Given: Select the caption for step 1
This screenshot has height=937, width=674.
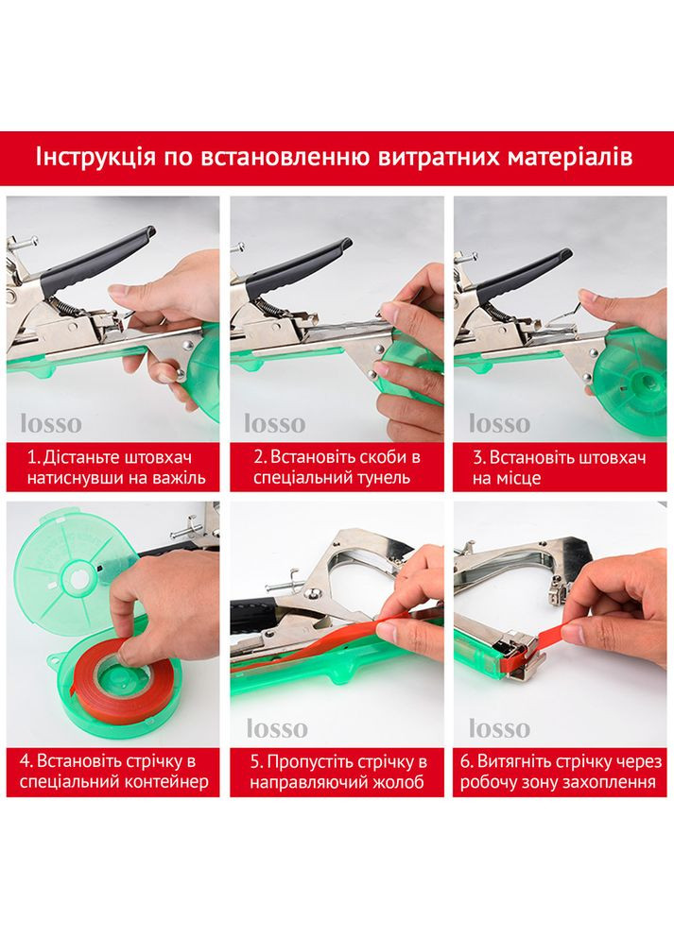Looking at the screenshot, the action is coord(116,468).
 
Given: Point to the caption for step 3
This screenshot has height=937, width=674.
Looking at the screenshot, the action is coord(560,468).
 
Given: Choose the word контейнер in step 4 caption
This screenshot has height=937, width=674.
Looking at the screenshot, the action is coord(167,782).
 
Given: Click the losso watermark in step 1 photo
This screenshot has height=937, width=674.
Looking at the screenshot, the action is coord(51,424).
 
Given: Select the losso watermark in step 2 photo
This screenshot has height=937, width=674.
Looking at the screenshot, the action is coord(275,424).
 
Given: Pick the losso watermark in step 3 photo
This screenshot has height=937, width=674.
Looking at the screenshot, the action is coord(499,424).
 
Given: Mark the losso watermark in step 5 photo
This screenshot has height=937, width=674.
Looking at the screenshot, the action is coord(278,728).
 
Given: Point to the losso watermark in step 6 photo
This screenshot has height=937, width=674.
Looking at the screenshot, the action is coord(499,728).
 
